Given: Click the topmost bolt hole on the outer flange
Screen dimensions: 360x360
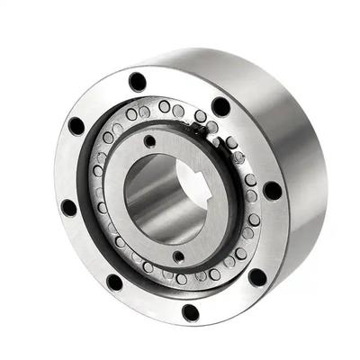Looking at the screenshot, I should (137, 81).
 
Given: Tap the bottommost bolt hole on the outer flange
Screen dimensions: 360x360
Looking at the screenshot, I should (190, 312).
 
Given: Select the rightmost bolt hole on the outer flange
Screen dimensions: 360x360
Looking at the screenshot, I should (272, 191).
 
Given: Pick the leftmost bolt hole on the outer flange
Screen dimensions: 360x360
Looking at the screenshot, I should (68, 207).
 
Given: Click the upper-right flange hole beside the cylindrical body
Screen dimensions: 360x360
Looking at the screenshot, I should (220, 106).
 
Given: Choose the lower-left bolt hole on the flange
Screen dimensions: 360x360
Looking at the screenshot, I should (114, 282).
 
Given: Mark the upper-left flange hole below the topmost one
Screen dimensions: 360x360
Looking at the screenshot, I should (76, 125).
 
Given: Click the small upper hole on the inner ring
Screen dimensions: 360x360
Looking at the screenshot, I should (149, 141).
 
